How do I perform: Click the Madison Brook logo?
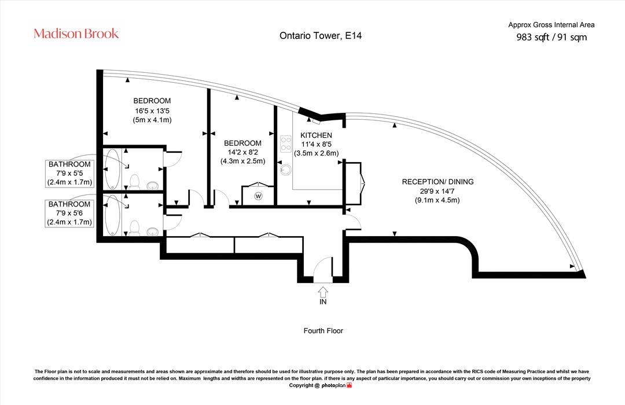click(x=76, y=34)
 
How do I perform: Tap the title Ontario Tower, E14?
click(x=321, y=35)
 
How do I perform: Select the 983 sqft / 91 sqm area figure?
click(x=552, y=37)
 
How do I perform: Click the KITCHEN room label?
click(x=316, y=135)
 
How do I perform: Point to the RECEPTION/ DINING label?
click(x=437, y=182)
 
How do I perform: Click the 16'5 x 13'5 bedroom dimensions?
click(x=152, y=111)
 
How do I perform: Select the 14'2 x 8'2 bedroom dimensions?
click(x=242, y=152)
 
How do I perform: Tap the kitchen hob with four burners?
click(x=286, y=144)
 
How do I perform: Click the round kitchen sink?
click(x=285, y=170)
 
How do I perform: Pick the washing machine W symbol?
click(x=258, y=196)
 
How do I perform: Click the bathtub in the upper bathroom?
click(x=112, y=169)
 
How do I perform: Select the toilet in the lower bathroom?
click(x=134, y=227)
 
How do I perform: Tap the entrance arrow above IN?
click(x=323, y=292)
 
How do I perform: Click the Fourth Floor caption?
click(x=323, y=330)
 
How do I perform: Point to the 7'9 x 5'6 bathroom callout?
click(x=69, y=213)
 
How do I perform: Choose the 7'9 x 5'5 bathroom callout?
click(x=69, y=174)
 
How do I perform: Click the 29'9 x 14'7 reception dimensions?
click(x=437, y=192)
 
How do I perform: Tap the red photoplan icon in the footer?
click(x=350, y=385)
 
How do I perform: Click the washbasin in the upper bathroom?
click(x=152, y=185)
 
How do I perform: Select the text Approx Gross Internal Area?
click(x=552, y=25)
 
